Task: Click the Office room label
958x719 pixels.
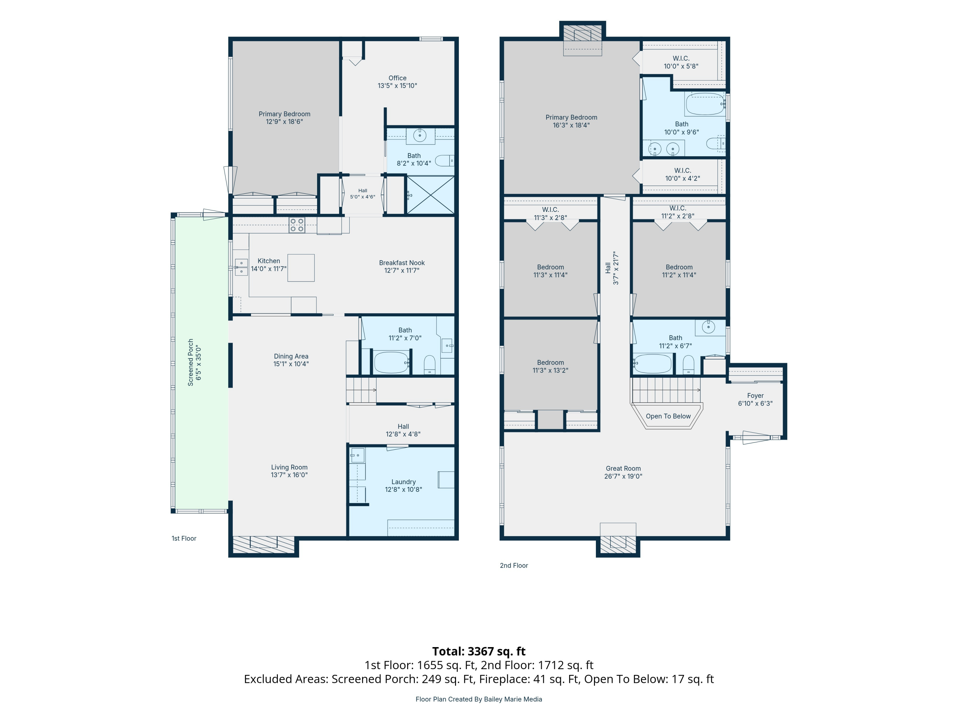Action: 397,82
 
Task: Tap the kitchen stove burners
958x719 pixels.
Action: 297,225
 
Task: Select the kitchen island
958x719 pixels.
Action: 301,268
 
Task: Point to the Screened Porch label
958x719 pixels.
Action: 194,362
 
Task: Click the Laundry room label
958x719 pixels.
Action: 403,485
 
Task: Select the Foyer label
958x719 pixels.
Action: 755,399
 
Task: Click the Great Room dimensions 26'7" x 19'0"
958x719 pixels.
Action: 623,476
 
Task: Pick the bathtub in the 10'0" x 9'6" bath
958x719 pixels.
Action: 705,104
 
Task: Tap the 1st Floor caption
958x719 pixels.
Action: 184,538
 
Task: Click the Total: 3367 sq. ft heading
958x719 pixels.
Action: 479,651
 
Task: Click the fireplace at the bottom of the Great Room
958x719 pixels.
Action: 618,541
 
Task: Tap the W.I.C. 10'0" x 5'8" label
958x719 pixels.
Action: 681,62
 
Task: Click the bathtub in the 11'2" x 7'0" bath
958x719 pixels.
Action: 392,362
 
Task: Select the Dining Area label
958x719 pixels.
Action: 291,360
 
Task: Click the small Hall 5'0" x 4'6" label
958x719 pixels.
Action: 362,193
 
